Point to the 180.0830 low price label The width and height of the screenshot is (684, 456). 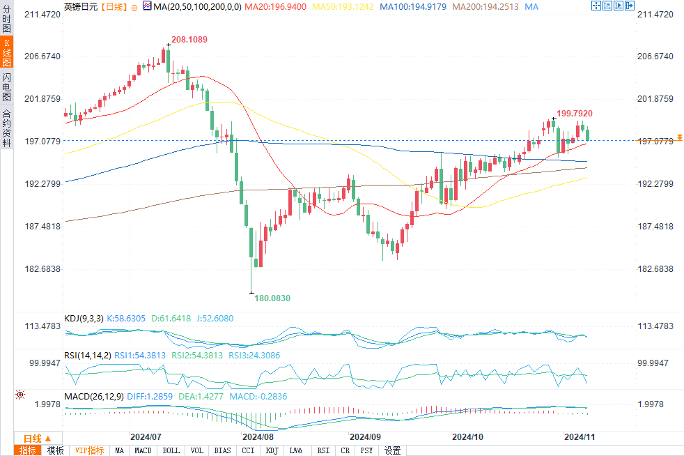pyautogui.click(x=272, y=298)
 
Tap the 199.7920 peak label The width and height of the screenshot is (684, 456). pyautogui.click(x=575, y=113)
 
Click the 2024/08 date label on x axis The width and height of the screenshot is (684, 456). pyautogui.click(x=258, y=437)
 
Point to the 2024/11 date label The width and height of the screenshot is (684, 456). pyautogui.click(x=578, y=437)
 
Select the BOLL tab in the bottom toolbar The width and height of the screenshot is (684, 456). pyautogui.click(x=171, y=450)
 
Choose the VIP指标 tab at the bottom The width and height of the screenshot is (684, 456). pyautogui.click(x=89, y=450)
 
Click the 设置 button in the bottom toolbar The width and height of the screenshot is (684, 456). pyautogui.click(x=392, y=450)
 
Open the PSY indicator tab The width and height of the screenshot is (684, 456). pyautogui.click(x=366, y=450)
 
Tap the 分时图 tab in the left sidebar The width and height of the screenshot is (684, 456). pyautogui.click(x=6, y=20)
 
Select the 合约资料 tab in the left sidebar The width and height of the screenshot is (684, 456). pyautogui.click(x=6, y=128)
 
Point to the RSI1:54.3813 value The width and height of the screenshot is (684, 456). pyautogui.click(x=140, y=355)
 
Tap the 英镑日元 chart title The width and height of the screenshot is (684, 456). pyautogui.click(x=80, y=6)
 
